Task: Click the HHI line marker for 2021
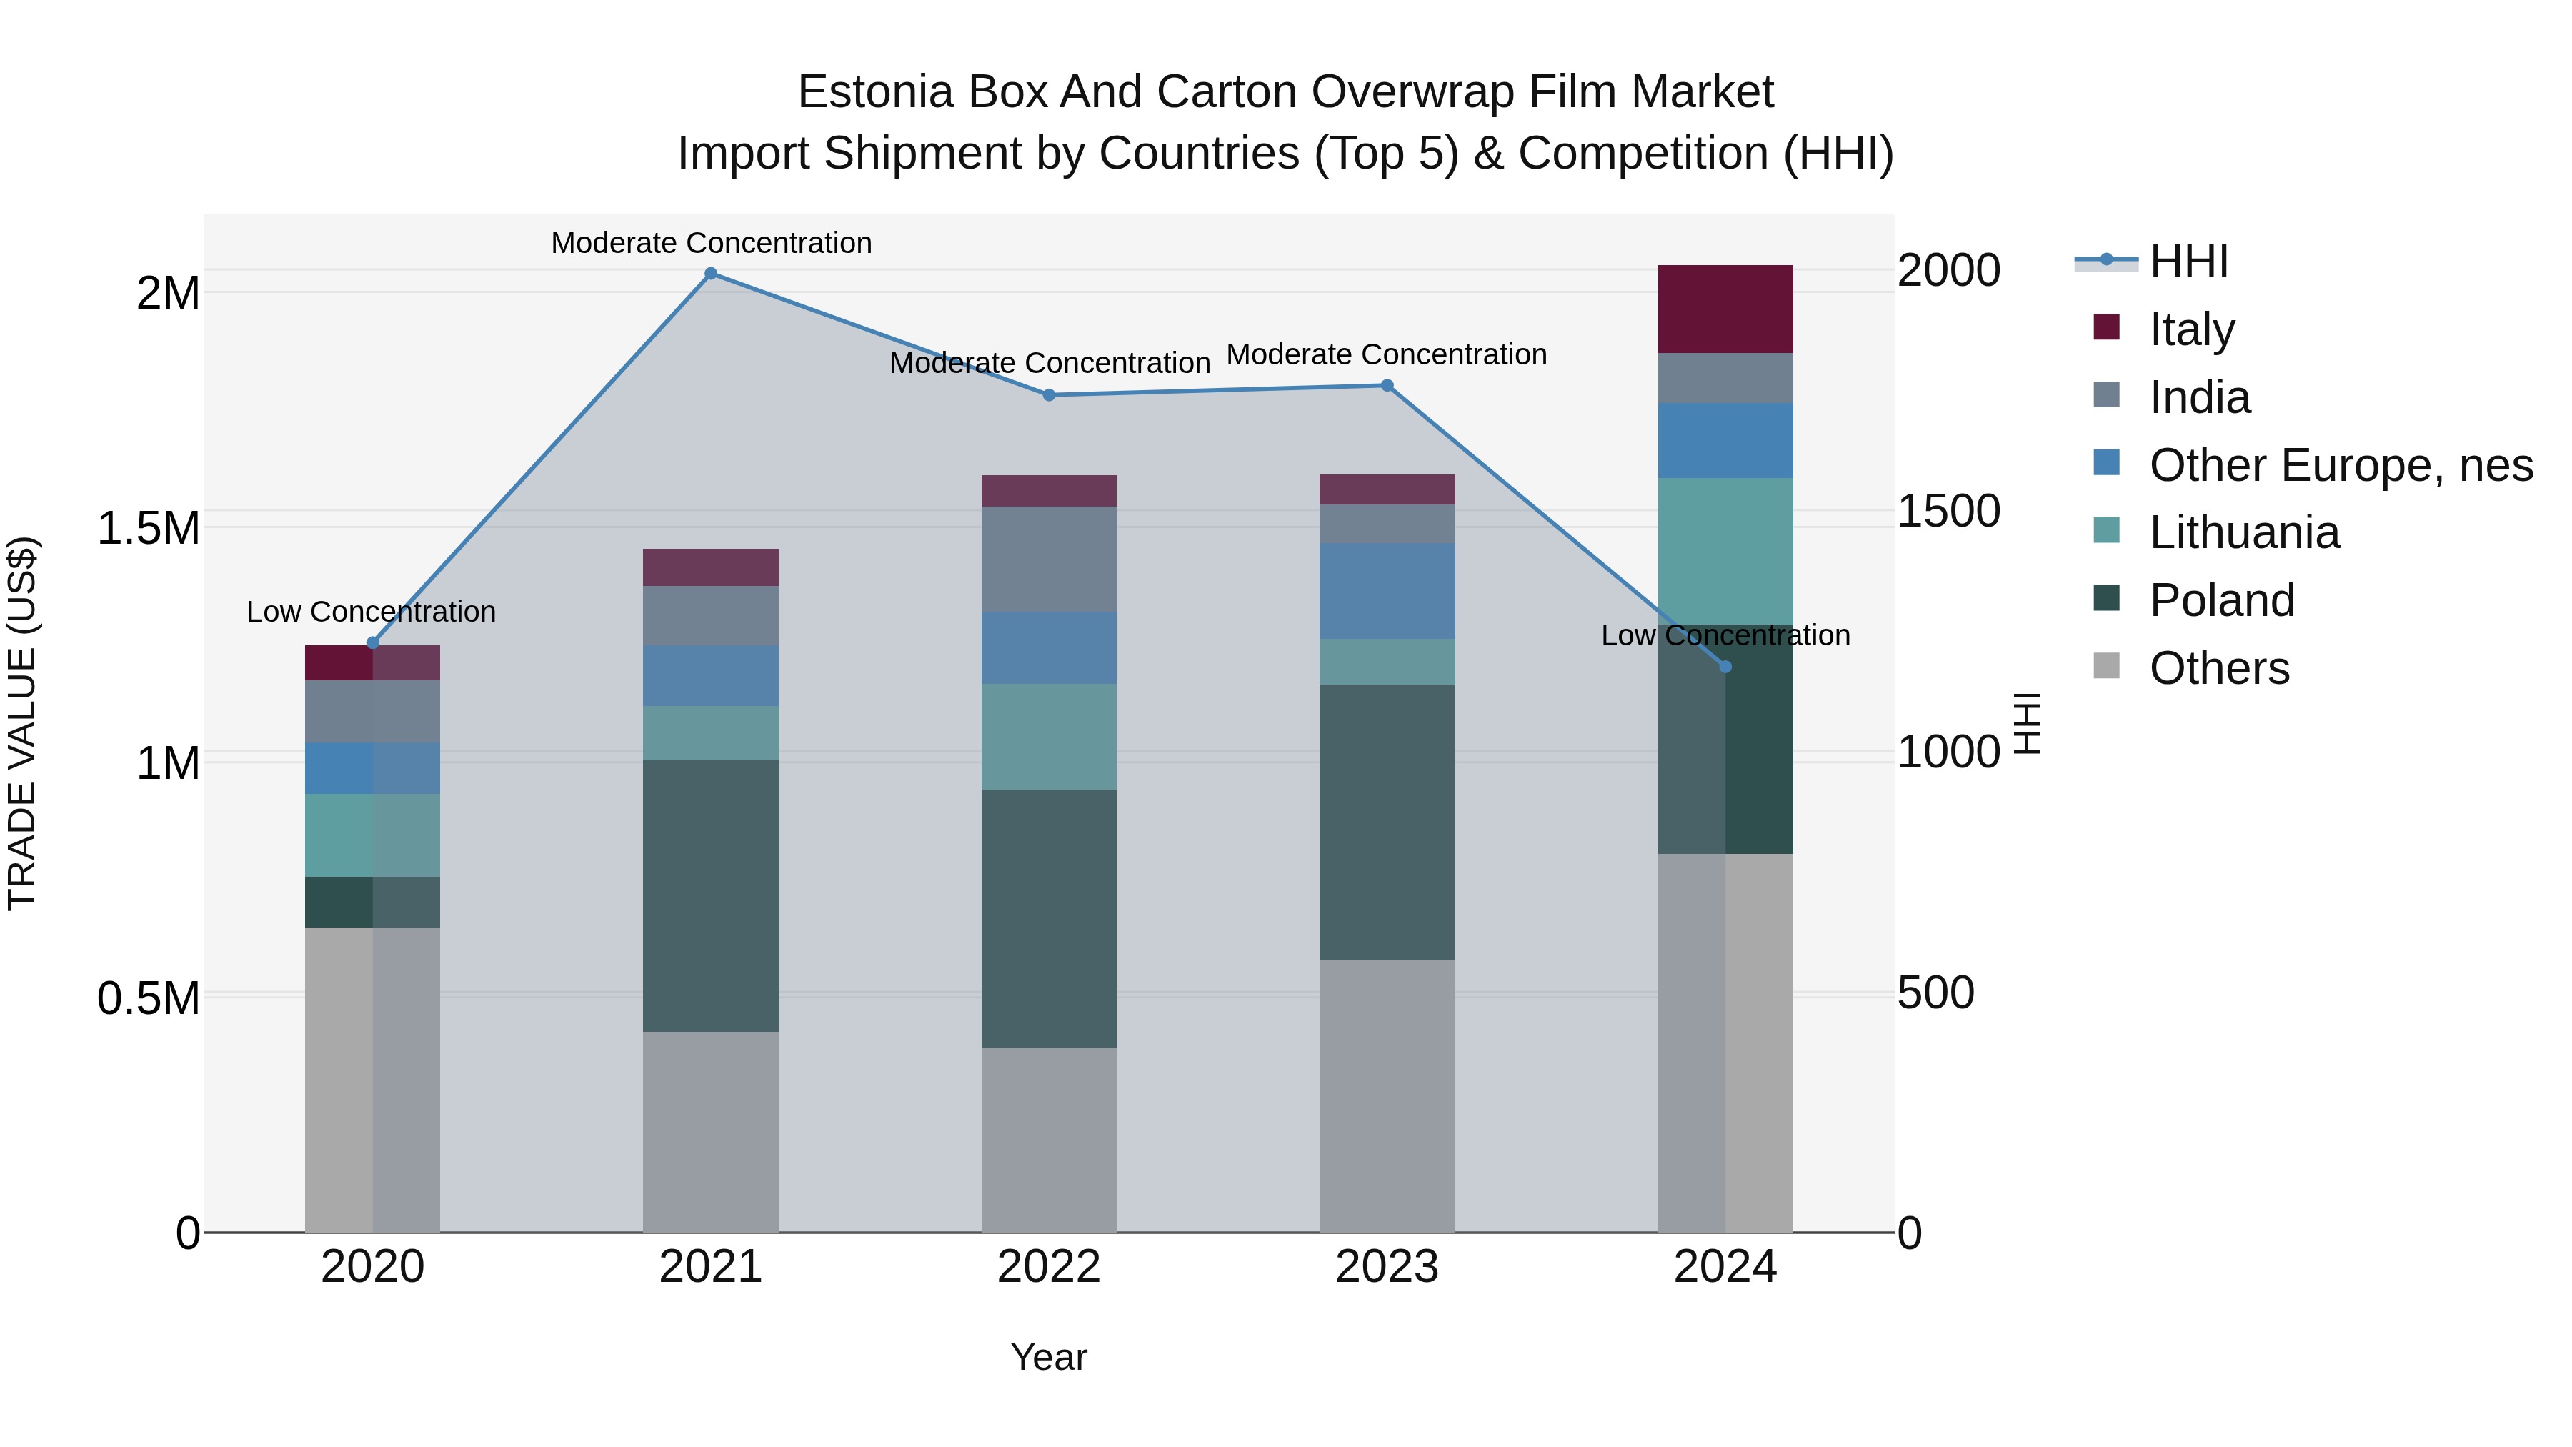point(711,274)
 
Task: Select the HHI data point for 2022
point(1048,395)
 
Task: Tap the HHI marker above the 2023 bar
point(1387,385)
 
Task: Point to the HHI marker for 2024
point(1725,667)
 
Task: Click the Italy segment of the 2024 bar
point(1725,309)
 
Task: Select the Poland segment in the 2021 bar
point(711,896)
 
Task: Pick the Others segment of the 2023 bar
point(1387,1095)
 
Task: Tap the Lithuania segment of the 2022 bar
point(1048,737)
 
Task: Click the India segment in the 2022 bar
point(1048,560)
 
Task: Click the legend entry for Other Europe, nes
point(2341,465)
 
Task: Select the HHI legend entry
point(2188,262)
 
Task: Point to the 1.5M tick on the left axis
point(149,528)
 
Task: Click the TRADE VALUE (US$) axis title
point(22,723)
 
